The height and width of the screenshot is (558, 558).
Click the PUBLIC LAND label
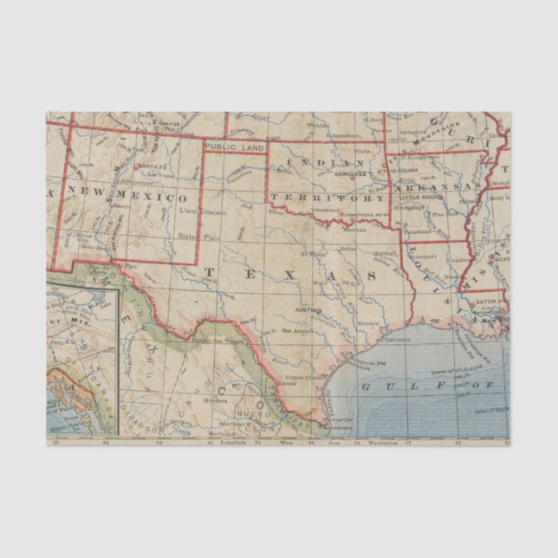(234, 148)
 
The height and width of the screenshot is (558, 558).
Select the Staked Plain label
(189, 235)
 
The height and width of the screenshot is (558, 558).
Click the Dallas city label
(347, 249)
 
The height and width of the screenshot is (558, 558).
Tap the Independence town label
(342, 135)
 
